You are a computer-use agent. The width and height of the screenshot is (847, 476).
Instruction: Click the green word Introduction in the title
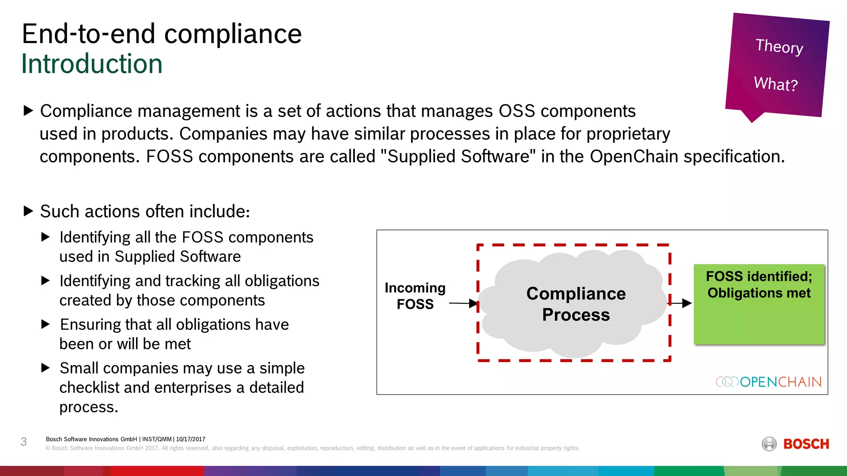click(92, 64)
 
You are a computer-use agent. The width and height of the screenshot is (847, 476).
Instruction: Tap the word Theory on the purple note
click(779, 46)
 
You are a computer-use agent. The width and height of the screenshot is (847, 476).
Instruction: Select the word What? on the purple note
click(775, 84)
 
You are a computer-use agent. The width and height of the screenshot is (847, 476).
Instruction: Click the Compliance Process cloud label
click(576, 304)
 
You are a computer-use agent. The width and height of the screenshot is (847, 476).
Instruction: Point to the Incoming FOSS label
click(415, 296)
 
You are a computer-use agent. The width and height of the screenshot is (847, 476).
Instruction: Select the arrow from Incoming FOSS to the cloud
click(463, 303)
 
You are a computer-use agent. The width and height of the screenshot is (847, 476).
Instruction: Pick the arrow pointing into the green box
click(680, 303)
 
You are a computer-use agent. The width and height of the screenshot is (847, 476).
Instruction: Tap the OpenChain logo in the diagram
click(768, 382)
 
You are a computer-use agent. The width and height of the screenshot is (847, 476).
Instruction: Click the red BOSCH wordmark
click(806, 444)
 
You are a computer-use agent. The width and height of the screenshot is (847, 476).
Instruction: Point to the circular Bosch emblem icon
click(769, 444)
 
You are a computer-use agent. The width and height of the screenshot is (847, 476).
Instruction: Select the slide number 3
click(24, 442)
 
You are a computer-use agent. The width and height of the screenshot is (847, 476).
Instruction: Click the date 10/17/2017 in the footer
click(191, 439)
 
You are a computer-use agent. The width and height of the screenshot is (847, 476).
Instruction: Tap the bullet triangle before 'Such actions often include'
click(28, 211)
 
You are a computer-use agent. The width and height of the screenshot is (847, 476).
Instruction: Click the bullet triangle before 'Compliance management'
click(28, 111)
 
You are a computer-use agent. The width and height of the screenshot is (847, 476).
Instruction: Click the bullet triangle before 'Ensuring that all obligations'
click(45, 324)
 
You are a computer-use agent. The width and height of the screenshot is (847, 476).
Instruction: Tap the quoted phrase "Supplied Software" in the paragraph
click(458, 157)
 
